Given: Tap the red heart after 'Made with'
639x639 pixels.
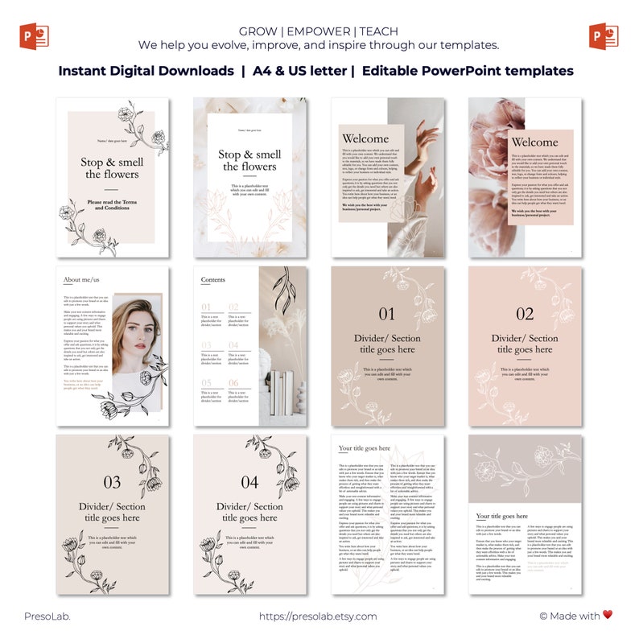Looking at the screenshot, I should [608, 616].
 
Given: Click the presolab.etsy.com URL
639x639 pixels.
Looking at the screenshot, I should [318, 616].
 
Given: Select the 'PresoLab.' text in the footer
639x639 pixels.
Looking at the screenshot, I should [47, 616].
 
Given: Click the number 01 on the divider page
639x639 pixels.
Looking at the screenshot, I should [387, 315].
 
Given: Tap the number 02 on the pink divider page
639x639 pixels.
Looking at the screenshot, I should [525, 315].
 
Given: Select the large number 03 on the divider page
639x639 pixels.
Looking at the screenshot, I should [113, 483].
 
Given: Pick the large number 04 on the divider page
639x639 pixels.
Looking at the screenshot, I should [250, 483].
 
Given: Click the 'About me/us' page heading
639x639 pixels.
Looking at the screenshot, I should [83, 280].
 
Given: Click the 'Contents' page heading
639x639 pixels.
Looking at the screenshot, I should [213, 280].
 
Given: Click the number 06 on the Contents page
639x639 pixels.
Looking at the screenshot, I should [233, 383].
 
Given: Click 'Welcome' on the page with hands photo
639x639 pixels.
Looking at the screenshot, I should [365, 138].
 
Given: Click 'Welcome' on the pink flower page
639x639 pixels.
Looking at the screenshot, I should [534, 142].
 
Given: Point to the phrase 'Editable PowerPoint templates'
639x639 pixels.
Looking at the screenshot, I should [468, 71].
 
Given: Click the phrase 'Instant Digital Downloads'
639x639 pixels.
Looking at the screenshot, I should [147, 71].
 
